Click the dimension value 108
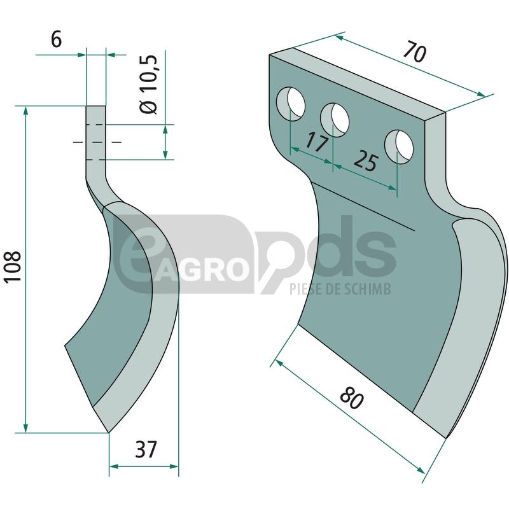pyautogui.click(x=13, y=267)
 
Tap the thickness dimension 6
pyautogui.click(x=56, y=40)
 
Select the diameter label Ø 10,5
pyautogui.click(x=148, y=84)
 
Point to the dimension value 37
pyautogui.click(x=146, y=449)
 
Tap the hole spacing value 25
pyautogui.click(x=365, y=162)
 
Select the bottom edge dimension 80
pyautogui.click(x=352, y=398)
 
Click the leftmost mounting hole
pyautogui.click(x=291, y=104)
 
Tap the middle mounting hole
pyautogui.click(x=335, y=120)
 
